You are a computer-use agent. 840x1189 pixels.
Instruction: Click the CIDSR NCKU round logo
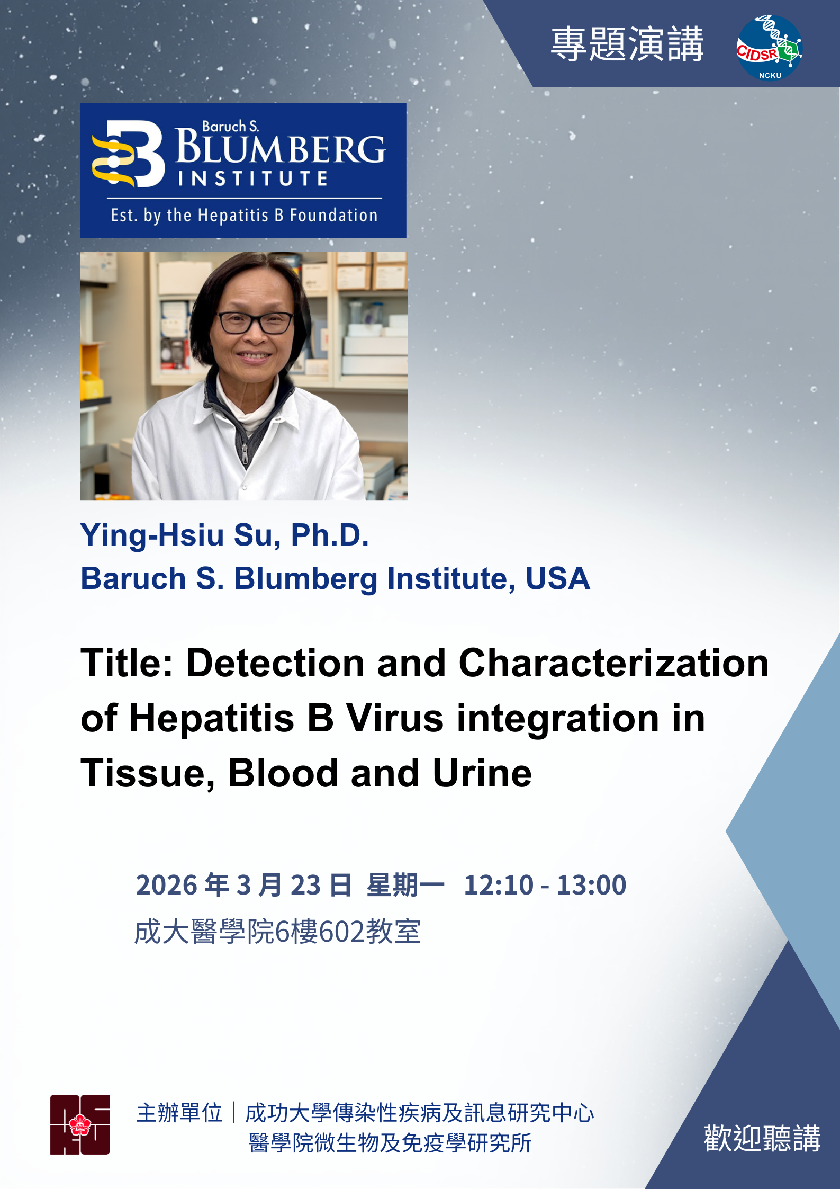769,48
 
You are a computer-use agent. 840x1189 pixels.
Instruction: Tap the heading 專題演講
627,44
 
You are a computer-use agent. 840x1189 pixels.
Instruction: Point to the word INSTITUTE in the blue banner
254,178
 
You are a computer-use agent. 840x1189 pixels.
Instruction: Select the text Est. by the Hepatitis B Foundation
244,216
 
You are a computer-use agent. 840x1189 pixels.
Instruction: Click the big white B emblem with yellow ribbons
129,154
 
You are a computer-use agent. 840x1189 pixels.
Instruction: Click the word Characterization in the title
613,663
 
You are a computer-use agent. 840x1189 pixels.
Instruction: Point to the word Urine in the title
482,773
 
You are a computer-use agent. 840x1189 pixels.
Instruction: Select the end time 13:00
591,886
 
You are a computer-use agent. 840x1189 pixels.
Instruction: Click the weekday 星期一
405,885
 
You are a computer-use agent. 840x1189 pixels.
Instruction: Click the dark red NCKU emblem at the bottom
80,1124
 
